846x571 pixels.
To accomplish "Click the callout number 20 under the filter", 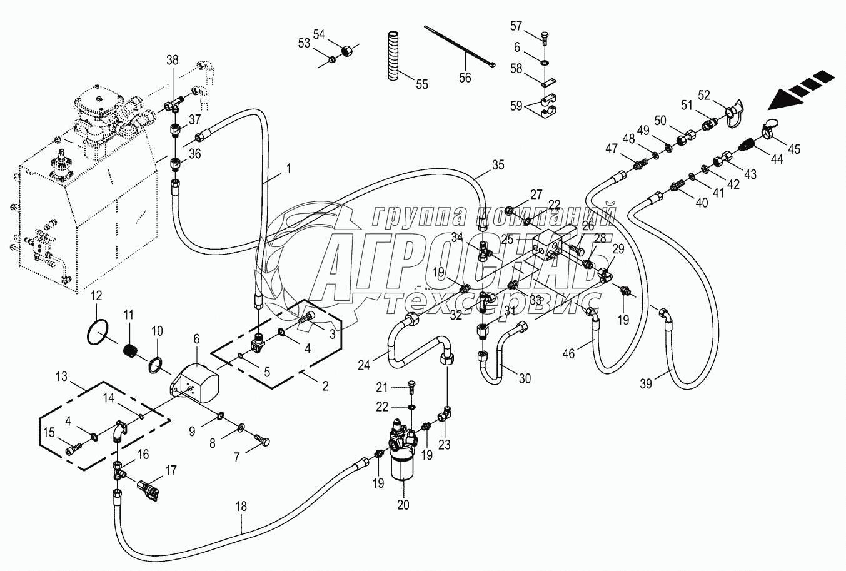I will click(x=403, y=505).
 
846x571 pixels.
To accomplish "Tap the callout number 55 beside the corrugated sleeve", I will click(x=422, y=84).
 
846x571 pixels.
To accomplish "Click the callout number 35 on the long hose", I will click(x=498, y=166).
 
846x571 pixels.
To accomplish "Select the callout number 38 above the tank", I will click(x=172, y=60).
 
